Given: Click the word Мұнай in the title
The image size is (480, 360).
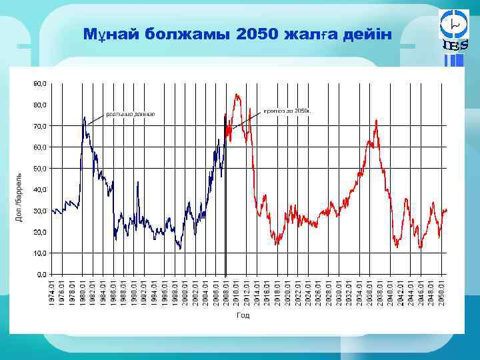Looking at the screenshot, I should click(x=108, y=34).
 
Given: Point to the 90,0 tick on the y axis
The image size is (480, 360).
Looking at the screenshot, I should click(x=39, y=84).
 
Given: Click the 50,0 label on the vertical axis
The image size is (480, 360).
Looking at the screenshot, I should click(x=39, y=169).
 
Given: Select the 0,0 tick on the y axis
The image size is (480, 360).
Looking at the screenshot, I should click(x=41, y=274).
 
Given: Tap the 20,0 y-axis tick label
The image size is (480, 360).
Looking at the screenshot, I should click(x=39, y=232).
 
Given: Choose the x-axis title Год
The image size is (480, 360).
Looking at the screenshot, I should click(x=243, y=315).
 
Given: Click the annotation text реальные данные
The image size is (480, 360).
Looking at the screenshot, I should click(x=129, y=114).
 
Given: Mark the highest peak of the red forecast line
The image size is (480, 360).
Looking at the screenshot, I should click(x=237, y=95).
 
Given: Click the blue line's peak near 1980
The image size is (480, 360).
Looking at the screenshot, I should click(x=84, y=118).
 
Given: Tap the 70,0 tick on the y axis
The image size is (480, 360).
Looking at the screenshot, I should click(x=39, y=126).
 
